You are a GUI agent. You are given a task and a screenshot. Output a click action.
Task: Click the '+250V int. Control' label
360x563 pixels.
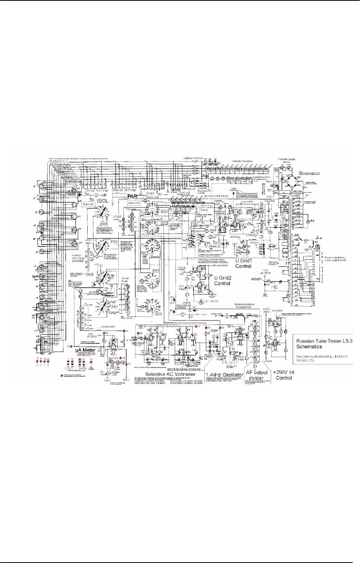pyautogui.click(x=284, y=375)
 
